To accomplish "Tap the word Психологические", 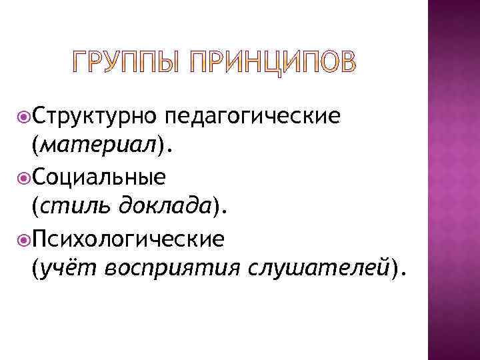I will click(x=127, y=238).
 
